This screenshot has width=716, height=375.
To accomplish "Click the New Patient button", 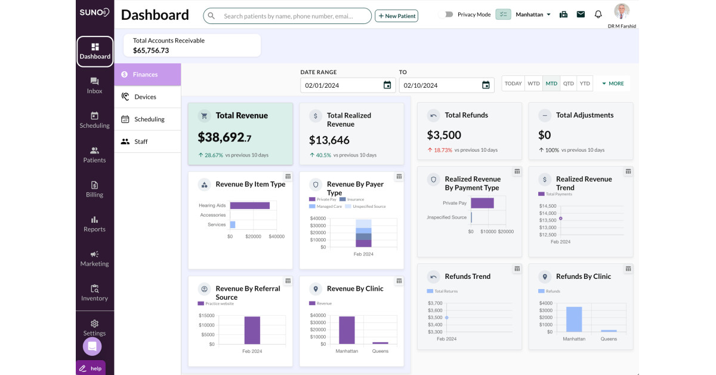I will click(396, 16).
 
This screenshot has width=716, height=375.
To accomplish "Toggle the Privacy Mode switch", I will click(446, 14).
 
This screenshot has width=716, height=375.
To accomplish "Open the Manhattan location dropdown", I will click(533, 14).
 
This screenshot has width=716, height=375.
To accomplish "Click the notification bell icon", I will click(598, 14).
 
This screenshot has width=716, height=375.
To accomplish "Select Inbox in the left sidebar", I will click(94, 85).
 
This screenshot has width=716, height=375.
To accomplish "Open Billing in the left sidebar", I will click(94, 189).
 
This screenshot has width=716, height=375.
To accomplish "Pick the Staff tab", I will click(141, 142).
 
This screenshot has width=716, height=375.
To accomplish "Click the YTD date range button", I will click(585, 84).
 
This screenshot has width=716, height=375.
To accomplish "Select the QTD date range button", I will click(568, 84).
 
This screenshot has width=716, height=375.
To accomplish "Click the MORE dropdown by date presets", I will click(613, 84).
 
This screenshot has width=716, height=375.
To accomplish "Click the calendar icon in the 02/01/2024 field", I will click(387, 85).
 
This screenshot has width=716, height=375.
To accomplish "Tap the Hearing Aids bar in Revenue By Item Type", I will click(249, 205).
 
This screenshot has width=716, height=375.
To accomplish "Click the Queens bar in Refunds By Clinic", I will click(609, 330).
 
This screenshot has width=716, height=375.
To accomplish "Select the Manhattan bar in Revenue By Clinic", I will click(347, 330).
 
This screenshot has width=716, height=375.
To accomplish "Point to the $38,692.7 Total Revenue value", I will click(224, 138).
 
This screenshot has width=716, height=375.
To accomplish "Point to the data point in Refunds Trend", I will click(446, 318).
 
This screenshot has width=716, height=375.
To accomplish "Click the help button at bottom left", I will click(91, 368).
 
